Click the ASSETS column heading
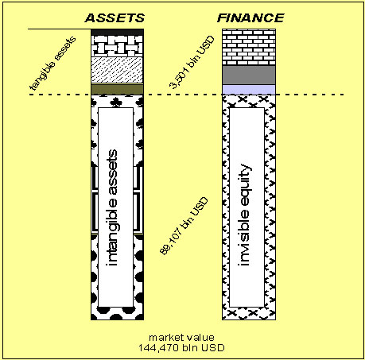[115, 18]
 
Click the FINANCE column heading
[250, 18]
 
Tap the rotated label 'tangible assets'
[52, 64]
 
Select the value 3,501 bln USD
[192, 63]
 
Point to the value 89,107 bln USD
[184, 226]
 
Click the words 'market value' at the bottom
[181, 338]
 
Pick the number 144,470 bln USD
[181, 347]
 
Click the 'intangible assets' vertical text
[112, 207]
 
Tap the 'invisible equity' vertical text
[244, 215]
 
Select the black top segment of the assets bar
[117, 32]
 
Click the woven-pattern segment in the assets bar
[117, 46]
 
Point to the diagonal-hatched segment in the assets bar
[117, 70]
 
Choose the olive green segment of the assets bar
[117, 89]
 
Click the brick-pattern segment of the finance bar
[249, 48]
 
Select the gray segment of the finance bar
[249, 75]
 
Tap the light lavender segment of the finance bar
[249, 90]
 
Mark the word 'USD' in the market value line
[213, 347]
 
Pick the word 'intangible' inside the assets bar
[112, 232]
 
